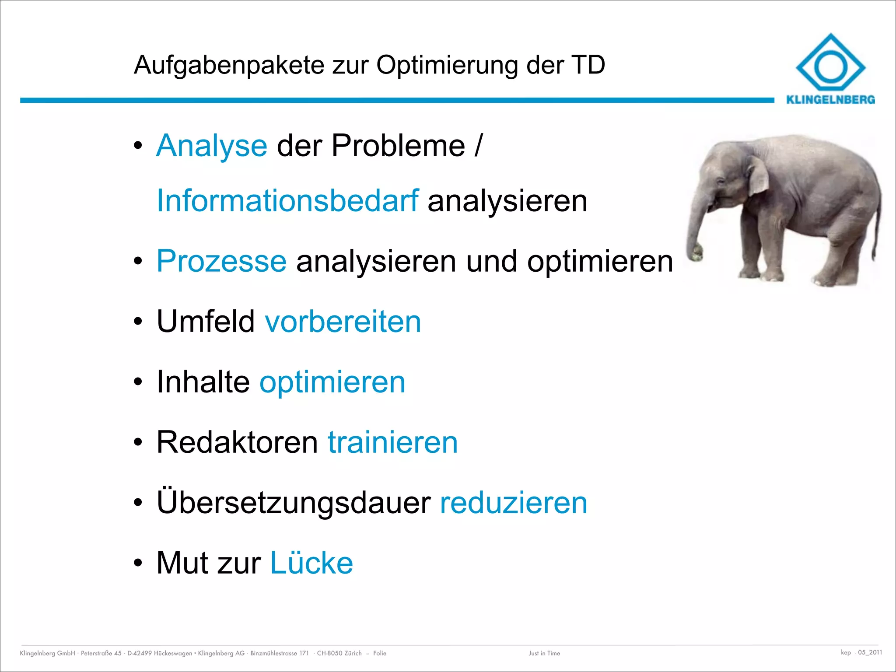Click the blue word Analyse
(x=211, y=146)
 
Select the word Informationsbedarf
(x=287, y=201)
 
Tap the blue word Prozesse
(x=221, y=261)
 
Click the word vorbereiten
(x=343, y=322)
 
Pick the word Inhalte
(x=203, y=382)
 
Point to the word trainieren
(x=392, y=442)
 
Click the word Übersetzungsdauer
(x=294, y=503)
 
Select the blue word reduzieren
(x=513, y=503)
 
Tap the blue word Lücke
(x=311, y=563)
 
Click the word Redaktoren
(x=237, y=442)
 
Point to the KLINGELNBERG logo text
(x=830, y=100)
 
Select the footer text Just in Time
(x=544, y=653)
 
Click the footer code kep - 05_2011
(x=861, y=652)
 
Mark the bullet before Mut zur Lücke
(x=138, y=563)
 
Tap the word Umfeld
(x=206, y=322)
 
